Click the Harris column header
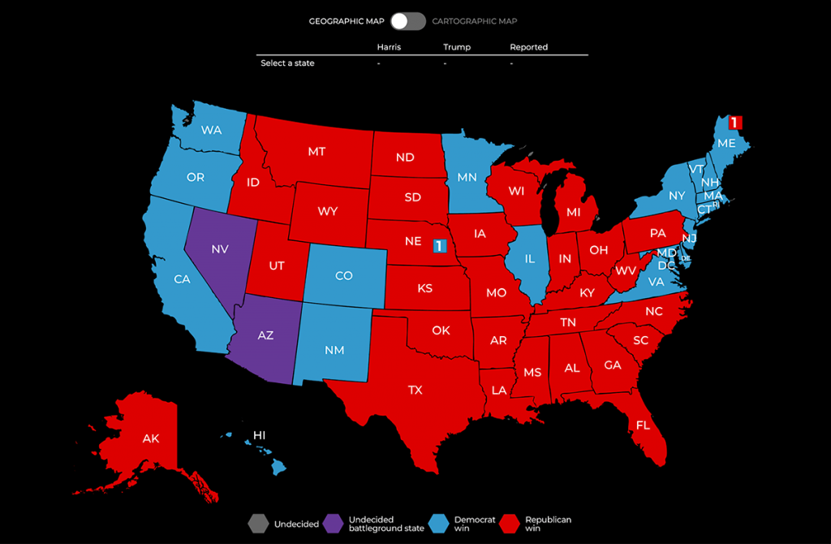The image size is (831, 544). pyautogui.click(x=389, y=47)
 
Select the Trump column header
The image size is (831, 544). pyautogui.click(x=457, y=47)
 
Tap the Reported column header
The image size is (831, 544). pyautogui.click(x=528, y=47)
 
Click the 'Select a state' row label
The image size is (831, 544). pyautogui.click(x=287, y=63)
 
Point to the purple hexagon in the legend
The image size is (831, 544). pyautogui.click(x=334, y=524)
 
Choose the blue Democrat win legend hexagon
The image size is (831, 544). pyautogui.click(x=439, y=524)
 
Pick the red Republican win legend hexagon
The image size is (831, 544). pyautogui.click(x=510, y=524)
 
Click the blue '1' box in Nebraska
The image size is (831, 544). pyautogui.click(x=440, y=245)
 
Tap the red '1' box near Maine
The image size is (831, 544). pyautogui.click(x=734, y=123)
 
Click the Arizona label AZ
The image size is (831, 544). pyautogui.click(x=266, y=335)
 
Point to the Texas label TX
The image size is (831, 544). pyautogui.click(x=415, y=390)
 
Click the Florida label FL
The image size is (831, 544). pyautogui.click(x=643, y=425)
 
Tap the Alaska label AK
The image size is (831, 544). pyautogui.click(x=151, y=438)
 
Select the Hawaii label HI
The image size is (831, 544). pyautogui.click(x=259, y=435)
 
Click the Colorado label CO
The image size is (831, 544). pyautogui.click(x=343, y=275)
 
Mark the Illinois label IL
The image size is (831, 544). pyautogui.click(x=529, y=260)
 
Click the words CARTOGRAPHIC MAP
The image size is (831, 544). pyautogui.click(x=474, y=21)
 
